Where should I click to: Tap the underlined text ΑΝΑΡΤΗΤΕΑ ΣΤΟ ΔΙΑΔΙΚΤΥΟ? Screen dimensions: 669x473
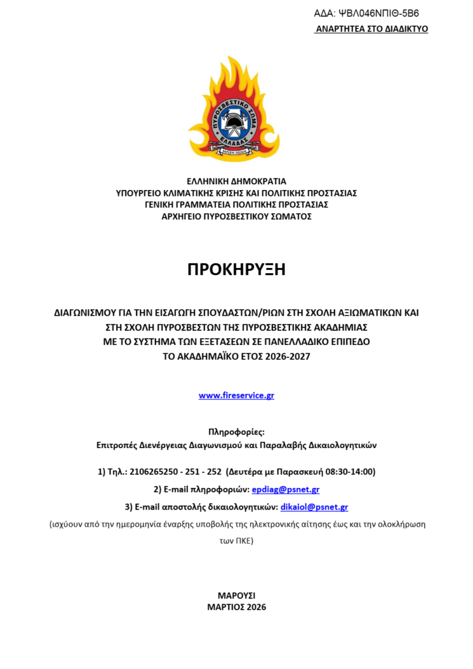(371, 29)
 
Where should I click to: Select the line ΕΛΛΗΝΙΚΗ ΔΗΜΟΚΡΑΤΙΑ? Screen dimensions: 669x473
(236, 181)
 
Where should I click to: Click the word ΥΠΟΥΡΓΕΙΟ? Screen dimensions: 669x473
(142, 193)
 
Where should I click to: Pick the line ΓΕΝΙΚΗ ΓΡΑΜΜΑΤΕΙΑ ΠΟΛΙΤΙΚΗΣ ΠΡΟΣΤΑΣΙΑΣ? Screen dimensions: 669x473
(236, 204)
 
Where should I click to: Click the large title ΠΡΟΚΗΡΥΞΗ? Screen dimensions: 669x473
(236, 269)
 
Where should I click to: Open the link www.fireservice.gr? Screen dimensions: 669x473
(236, 395)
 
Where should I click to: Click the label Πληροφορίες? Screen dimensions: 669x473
(236, 432)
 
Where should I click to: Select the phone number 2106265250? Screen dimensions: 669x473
(151, 472)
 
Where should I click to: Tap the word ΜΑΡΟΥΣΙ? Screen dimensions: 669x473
(236, 595)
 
